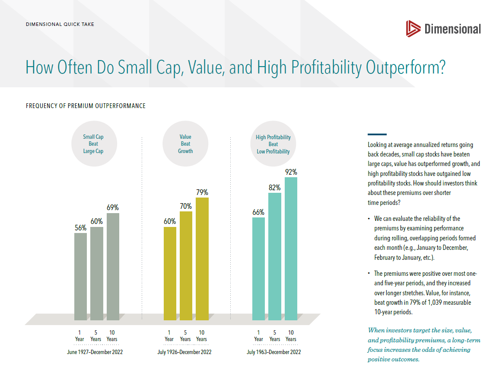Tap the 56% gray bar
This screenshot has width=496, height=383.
click(80, 277)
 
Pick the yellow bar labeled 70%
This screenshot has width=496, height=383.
click(186, 265)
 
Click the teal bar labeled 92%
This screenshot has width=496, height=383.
click(291, 249)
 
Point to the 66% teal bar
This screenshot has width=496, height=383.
click(258, 268)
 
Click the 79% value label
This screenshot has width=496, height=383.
click(202, 192)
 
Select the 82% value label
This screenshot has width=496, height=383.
click(275, 188)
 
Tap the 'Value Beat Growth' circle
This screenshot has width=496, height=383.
click(185, 144)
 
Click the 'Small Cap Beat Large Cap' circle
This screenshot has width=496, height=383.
click(93, 144)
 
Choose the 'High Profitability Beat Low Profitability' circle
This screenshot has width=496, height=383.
click(273, 144)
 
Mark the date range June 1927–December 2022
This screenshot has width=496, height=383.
click(95, 352)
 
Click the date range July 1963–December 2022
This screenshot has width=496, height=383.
click(274, 352)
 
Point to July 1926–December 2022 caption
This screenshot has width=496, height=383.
click(184, 352)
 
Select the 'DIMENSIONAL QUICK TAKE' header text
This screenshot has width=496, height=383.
click(60, 24)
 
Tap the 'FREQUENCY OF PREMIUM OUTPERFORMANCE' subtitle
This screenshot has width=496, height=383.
click(86, 106)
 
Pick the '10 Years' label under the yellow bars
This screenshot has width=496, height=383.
click(201, 336)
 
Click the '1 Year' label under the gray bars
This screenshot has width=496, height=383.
click(80, 336)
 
